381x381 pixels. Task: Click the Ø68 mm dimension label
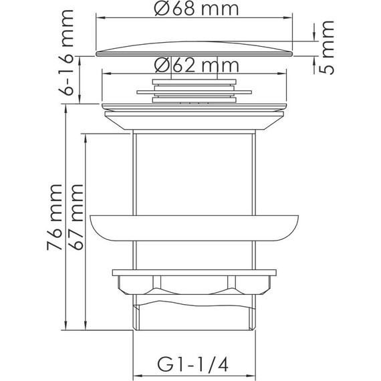click(x=197, y=9)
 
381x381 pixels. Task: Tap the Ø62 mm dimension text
click(x=197, y=66)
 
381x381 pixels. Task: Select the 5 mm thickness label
click(x=327, y=47)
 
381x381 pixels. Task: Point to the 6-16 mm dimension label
click(x=66, y=52)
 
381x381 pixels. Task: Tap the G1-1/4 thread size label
click(x=193, y=364)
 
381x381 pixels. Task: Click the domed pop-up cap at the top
click(x=194, y=49)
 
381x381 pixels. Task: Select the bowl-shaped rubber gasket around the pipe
click(x=194, y=228)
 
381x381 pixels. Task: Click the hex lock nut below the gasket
click(x=194, y=285)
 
